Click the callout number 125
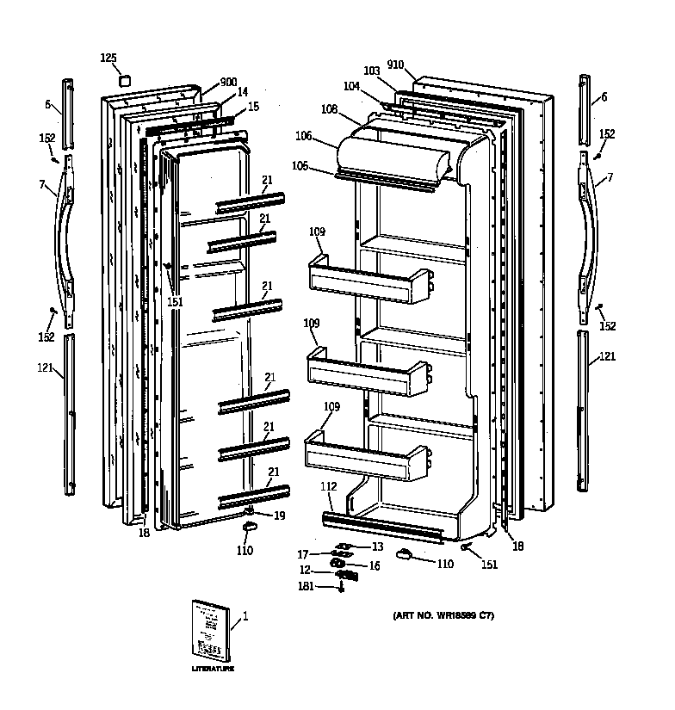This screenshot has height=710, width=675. pyautogui.click(x=108, y=58)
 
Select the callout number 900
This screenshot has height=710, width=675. pyautogui.click(x=228, y=82)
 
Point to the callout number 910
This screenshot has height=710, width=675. pyautogui.click(x=396, y=65)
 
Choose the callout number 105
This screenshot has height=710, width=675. pyautogui.click(x=299, y=165)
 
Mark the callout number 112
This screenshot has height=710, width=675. pyautogui.click(x=328, y=486)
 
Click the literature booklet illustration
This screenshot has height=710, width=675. pyautogui.click(x=210, y=631)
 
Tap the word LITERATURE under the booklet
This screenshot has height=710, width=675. pyautogui.click(x=212, y=669)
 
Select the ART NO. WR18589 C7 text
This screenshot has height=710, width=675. pyautogui.click(x=443, y=616)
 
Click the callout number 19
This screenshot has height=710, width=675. pyautogui.click(x=279, y=516)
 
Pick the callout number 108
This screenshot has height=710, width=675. pyautogui.click(x=329, y=109)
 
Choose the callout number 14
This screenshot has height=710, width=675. pyautogui.click(x=243, y=92)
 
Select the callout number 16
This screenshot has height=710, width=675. pyautogui.click(x=375, y=565)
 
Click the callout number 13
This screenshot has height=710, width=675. pyautogui.click(x=377, y=547)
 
